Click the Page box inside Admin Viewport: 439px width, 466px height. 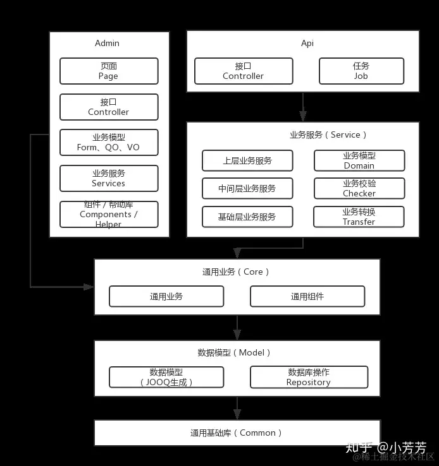108,71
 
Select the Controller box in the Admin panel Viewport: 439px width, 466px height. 108,107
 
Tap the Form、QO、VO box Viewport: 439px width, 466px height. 108,143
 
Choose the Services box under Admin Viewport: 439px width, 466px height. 108,178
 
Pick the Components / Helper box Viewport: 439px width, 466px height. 108,214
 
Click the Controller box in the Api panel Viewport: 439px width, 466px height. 243,71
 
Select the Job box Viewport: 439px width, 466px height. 361,71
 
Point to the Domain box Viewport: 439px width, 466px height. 359,160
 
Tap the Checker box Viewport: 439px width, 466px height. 359,188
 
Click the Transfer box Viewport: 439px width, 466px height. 359,217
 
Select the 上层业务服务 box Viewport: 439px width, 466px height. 247,160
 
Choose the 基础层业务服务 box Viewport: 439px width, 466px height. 247,217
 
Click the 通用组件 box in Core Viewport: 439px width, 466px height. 307,296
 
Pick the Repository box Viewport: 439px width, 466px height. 309,377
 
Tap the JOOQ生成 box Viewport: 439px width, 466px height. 166,377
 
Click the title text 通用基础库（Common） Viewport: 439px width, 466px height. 237,433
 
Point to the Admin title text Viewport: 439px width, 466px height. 107,44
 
